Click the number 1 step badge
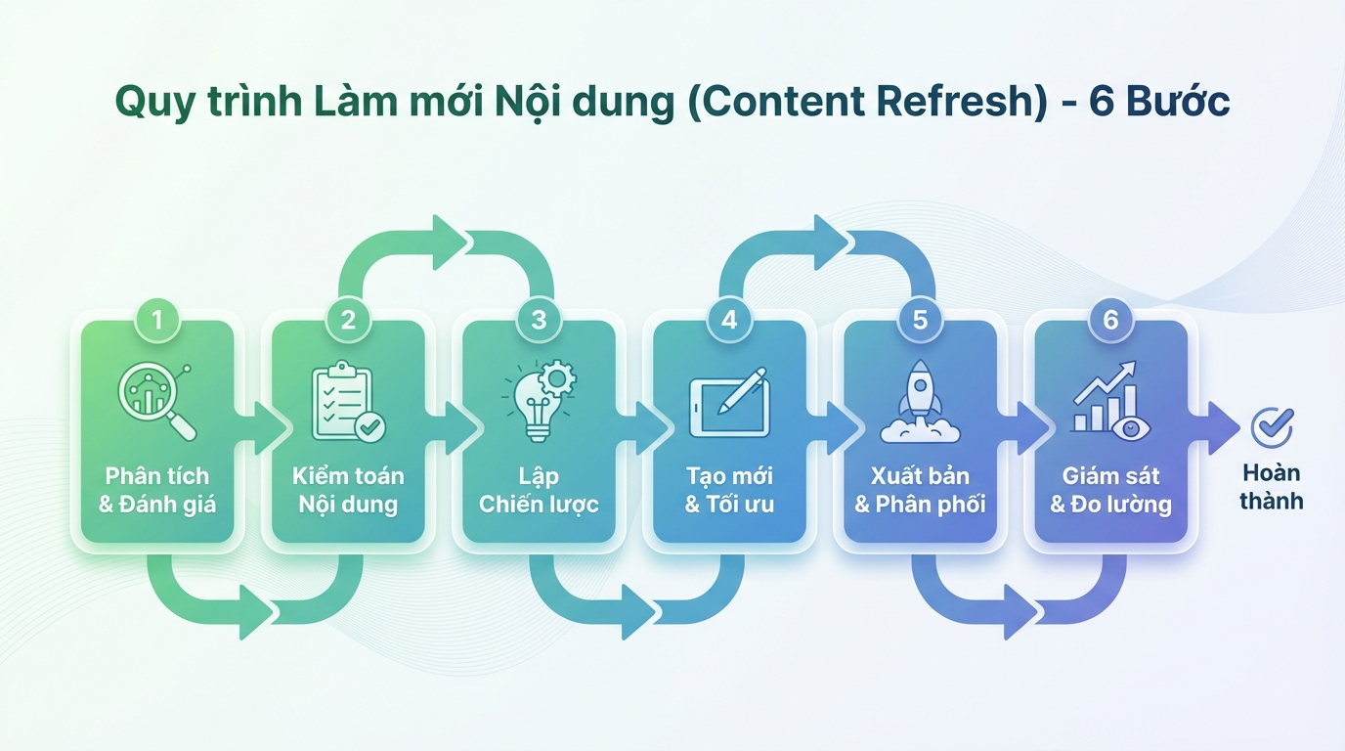point(157,319)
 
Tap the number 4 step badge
point(729,319)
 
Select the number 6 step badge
point(1110,319)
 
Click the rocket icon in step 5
point(920,401)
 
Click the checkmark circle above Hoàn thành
point(1272,427)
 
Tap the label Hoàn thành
point(1272,487)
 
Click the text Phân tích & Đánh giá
point(156,491)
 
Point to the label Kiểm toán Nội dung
point(348,491)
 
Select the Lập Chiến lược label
point(539,491)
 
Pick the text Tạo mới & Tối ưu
point(729,491)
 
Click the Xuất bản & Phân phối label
point(920,491)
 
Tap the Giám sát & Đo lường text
point(1110,491)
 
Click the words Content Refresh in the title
point(866,103)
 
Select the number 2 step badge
point(348,319)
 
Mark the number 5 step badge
point(920,319)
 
